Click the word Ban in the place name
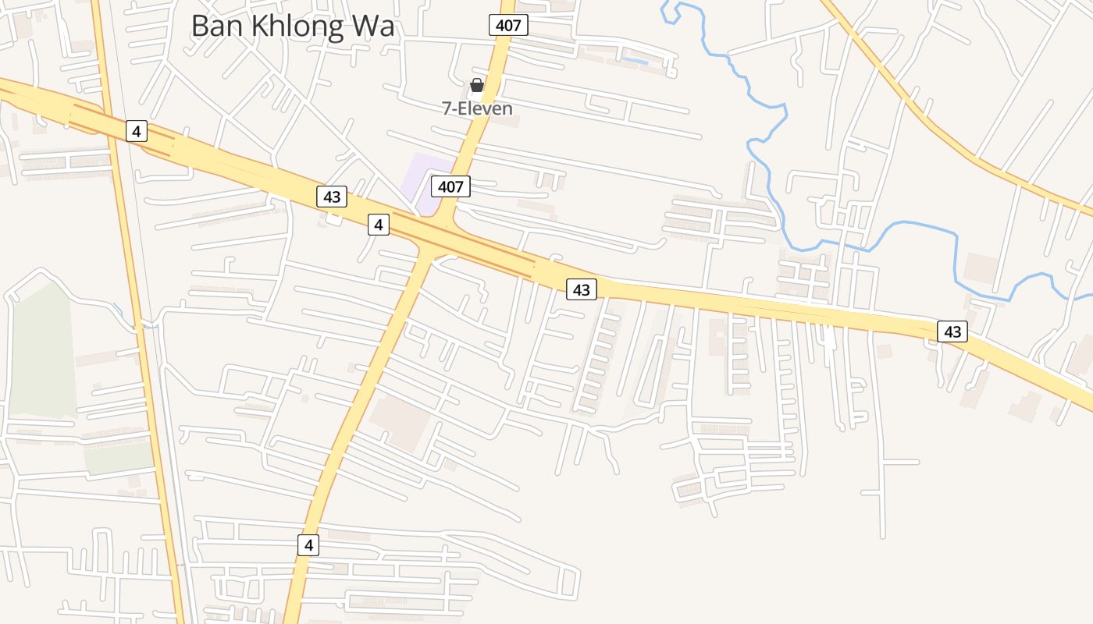pyautogui.click(x=215, y=26)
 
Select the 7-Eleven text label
pyautogui.click(x=477, y=108)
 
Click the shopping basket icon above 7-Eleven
pyautogui.click(x=477, y=85)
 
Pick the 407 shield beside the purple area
pyautogui.click(x=450, y=186)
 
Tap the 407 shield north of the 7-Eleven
pyautogui.click(x=508, y=25)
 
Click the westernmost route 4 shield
pyautogui.click(x=137, y=131)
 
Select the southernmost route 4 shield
pyautogui.click(x=308, y=544)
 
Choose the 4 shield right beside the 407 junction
pyautogui.click(x=379, y=225)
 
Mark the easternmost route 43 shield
pyautogui.click(x=952, y=331)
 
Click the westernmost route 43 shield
pyautogui.click(x=332, y=197)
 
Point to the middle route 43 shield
pyautogui.click(x=581, y=289)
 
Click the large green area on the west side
pyautogui.click(x=43, y=351)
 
